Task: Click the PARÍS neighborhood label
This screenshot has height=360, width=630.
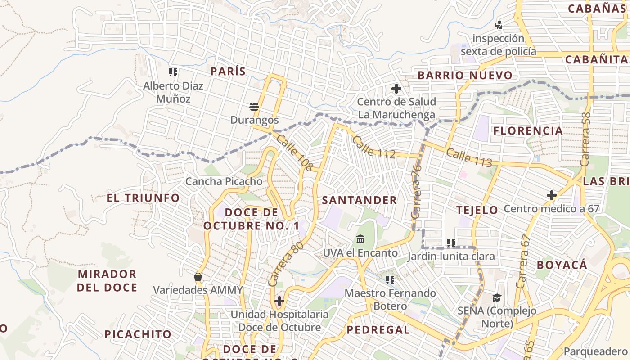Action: [228, 71]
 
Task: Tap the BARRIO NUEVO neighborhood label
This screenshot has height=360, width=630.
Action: [465, 75]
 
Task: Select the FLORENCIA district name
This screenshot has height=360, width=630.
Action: [528, 131]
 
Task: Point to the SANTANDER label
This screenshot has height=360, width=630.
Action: [360, 200]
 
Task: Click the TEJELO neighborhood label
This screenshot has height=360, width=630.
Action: [477, 210]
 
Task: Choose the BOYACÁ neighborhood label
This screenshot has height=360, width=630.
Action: [562, 265]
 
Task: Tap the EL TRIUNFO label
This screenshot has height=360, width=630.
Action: [143, 198]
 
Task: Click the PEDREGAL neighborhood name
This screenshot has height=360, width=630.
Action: [378, 330]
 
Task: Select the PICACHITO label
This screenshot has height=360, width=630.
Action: [138, 334]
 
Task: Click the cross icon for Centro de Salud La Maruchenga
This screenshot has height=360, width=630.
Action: [396, 89]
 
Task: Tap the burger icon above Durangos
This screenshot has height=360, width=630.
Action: [254, 107]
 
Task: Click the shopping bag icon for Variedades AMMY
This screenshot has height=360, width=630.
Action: [198, 276]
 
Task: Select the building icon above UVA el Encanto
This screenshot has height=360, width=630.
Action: [360, 239]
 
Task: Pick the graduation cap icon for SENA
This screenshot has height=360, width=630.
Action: [497, 297]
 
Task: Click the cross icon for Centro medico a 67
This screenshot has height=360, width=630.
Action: [551, 195]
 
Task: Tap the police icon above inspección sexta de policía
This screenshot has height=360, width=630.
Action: [498, 25]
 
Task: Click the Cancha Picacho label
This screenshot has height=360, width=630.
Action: [224, 181]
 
